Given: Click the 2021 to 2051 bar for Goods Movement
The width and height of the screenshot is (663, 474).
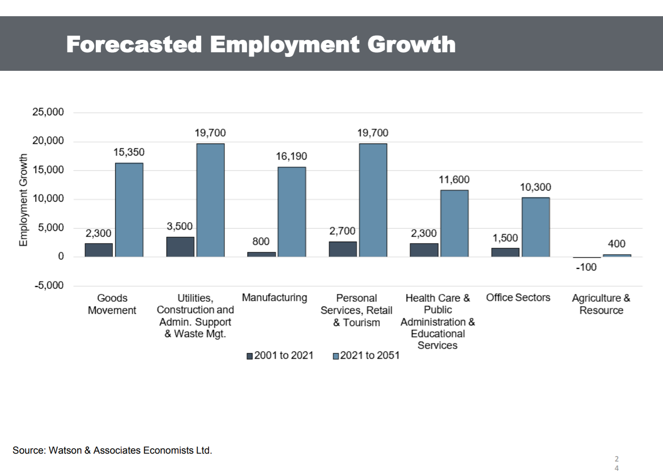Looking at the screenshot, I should pos(129,210).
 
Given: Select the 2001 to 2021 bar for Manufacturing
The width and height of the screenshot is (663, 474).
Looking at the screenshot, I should pos(261,254).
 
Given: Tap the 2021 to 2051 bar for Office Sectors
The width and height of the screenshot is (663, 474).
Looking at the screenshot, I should pos(536,227).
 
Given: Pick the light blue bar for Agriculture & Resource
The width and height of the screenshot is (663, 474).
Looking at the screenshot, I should pos(617,256).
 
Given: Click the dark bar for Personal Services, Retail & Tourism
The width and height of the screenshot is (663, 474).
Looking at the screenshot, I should pos(343,249).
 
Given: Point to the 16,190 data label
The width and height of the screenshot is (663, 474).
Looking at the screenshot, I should pos(291,156).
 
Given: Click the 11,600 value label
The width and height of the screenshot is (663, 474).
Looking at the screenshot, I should pos(454,180).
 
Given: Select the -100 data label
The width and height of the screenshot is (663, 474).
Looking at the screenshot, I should pos(586,267).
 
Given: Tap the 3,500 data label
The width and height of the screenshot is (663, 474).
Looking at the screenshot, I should pos(179,226).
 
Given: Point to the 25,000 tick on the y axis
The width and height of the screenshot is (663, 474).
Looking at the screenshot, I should pos(48,112).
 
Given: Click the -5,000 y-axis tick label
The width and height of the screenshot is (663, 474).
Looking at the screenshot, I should pos(49,285).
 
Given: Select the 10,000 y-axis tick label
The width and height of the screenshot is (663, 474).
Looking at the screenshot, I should pos(48,199).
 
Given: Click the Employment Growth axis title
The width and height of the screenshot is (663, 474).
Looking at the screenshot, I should pos(23,200).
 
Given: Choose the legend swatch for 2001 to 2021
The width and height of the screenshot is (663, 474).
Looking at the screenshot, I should pos(250,356).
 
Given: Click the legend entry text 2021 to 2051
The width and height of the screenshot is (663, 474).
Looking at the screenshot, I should pos(369,355).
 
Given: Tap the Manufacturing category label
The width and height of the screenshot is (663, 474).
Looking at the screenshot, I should pos(274,298).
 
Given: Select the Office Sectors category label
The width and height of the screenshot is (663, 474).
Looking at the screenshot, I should pos(518,298).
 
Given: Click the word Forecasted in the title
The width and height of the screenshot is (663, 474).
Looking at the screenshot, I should pos(134,44).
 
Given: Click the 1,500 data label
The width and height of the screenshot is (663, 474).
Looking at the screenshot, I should pos(505,238).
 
